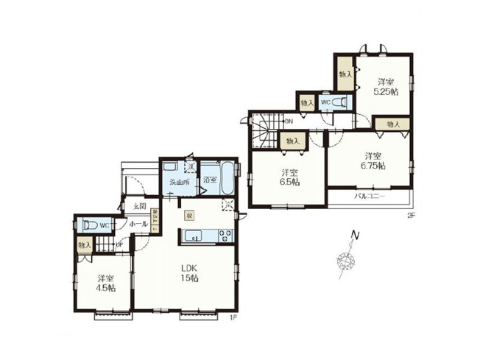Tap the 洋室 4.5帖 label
point(107,283)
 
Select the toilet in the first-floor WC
point(89,225)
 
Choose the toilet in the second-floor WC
point(339,102)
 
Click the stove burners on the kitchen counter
point(225,236)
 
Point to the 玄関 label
point(140,206)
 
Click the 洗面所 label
point(179,182)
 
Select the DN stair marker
point(289,121)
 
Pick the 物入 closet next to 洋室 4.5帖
point(85,244)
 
